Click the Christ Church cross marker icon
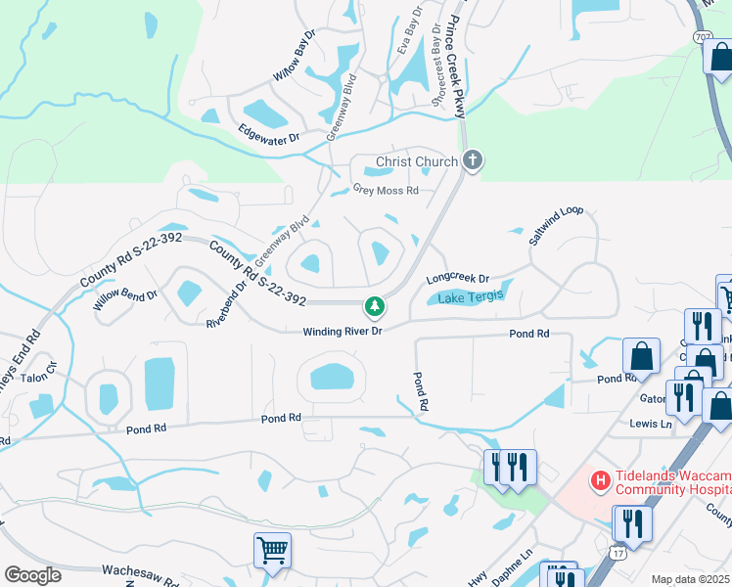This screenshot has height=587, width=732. pyautogui.click(x=473, y=161)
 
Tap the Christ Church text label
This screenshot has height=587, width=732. pyautogui.click(x=418, y=161)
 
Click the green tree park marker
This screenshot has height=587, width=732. pyautogui.click(x=374, y=307)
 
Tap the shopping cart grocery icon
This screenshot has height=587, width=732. pyautogui.click(x=272, y=550)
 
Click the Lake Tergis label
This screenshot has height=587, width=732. pyautogui.click(x=471, y=297)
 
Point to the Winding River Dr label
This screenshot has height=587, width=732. pyautogui.click(x=341, y=332)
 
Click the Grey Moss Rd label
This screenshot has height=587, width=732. pyautogui.click(x=386, y=191)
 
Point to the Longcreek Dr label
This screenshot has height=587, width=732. pyautogui.click(x=457, y=280)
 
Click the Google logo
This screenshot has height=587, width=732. pyautogui.click(x=32, y=575)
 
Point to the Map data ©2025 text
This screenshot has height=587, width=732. pyautogui.click(x=691, y=579)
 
